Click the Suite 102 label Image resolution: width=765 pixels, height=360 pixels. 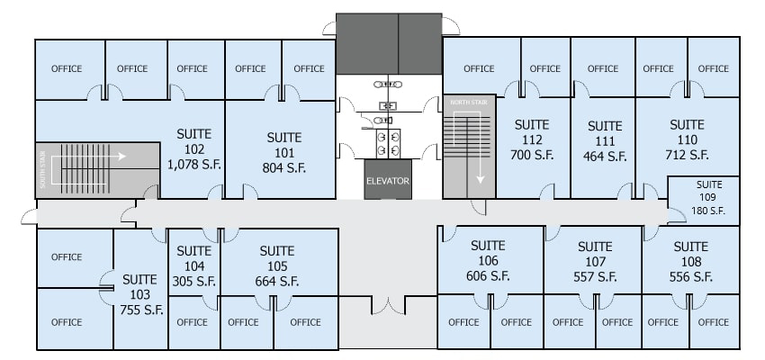[194, 141]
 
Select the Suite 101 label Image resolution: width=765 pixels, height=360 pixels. [284, 145]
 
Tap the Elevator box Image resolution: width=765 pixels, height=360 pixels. [387, 180]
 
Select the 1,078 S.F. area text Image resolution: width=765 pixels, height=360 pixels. [194, 164]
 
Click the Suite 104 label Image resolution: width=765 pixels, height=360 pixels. [194, 258]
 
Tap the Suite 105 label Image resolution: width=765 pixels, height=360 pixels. [277, 258]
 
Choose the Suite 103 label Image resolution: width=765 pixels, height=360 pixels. [139, 287]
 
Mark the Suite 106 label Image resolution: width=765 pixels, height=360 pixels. [489, 253]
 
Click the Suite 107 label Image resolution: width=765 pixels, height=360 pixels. [595, 254]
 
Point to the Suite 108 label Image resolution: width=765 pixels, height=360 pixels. [690, 254]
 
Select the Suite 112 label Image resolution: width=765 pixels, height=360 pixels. [531, 131]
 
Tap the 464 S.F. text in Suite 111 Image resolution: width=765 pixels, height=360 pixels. [605, 156]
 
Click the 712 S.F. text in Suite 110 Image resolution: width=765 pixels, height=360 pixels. [687, 155]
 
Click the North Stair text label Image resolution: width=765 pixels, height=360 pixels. [468, 103]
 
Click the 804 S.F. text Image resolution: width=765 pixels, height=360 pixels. [284, 166]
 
